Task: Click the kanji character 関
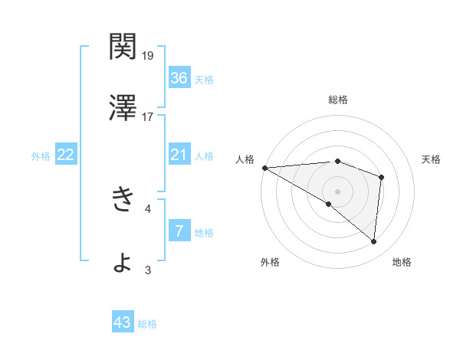pos(123,47)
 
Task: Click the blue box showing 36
pos(179,77)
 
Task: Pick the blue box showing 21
pos(179,155)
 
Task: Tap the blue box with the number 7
pos(179,231)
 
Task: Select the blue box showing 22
pos(65,155)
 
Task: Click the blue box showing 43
pos(123,323)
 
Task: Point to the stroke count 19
pos(149,55)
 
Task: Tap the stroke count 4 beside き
pos(148,208)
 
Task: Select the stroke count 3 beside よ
pos(148,270)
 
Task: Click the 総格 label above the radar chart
pos(338,100)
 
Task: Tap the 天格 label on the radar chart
pos(431,159)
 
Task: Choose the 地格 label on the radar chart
pos(402,262)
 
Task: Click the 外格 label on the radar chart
pos(270,262)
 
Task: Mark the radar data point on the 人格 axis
pos(264,167)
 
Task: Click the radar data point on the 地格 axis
pos(373,242)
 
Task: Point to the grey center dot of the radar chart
pos(337,190)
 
